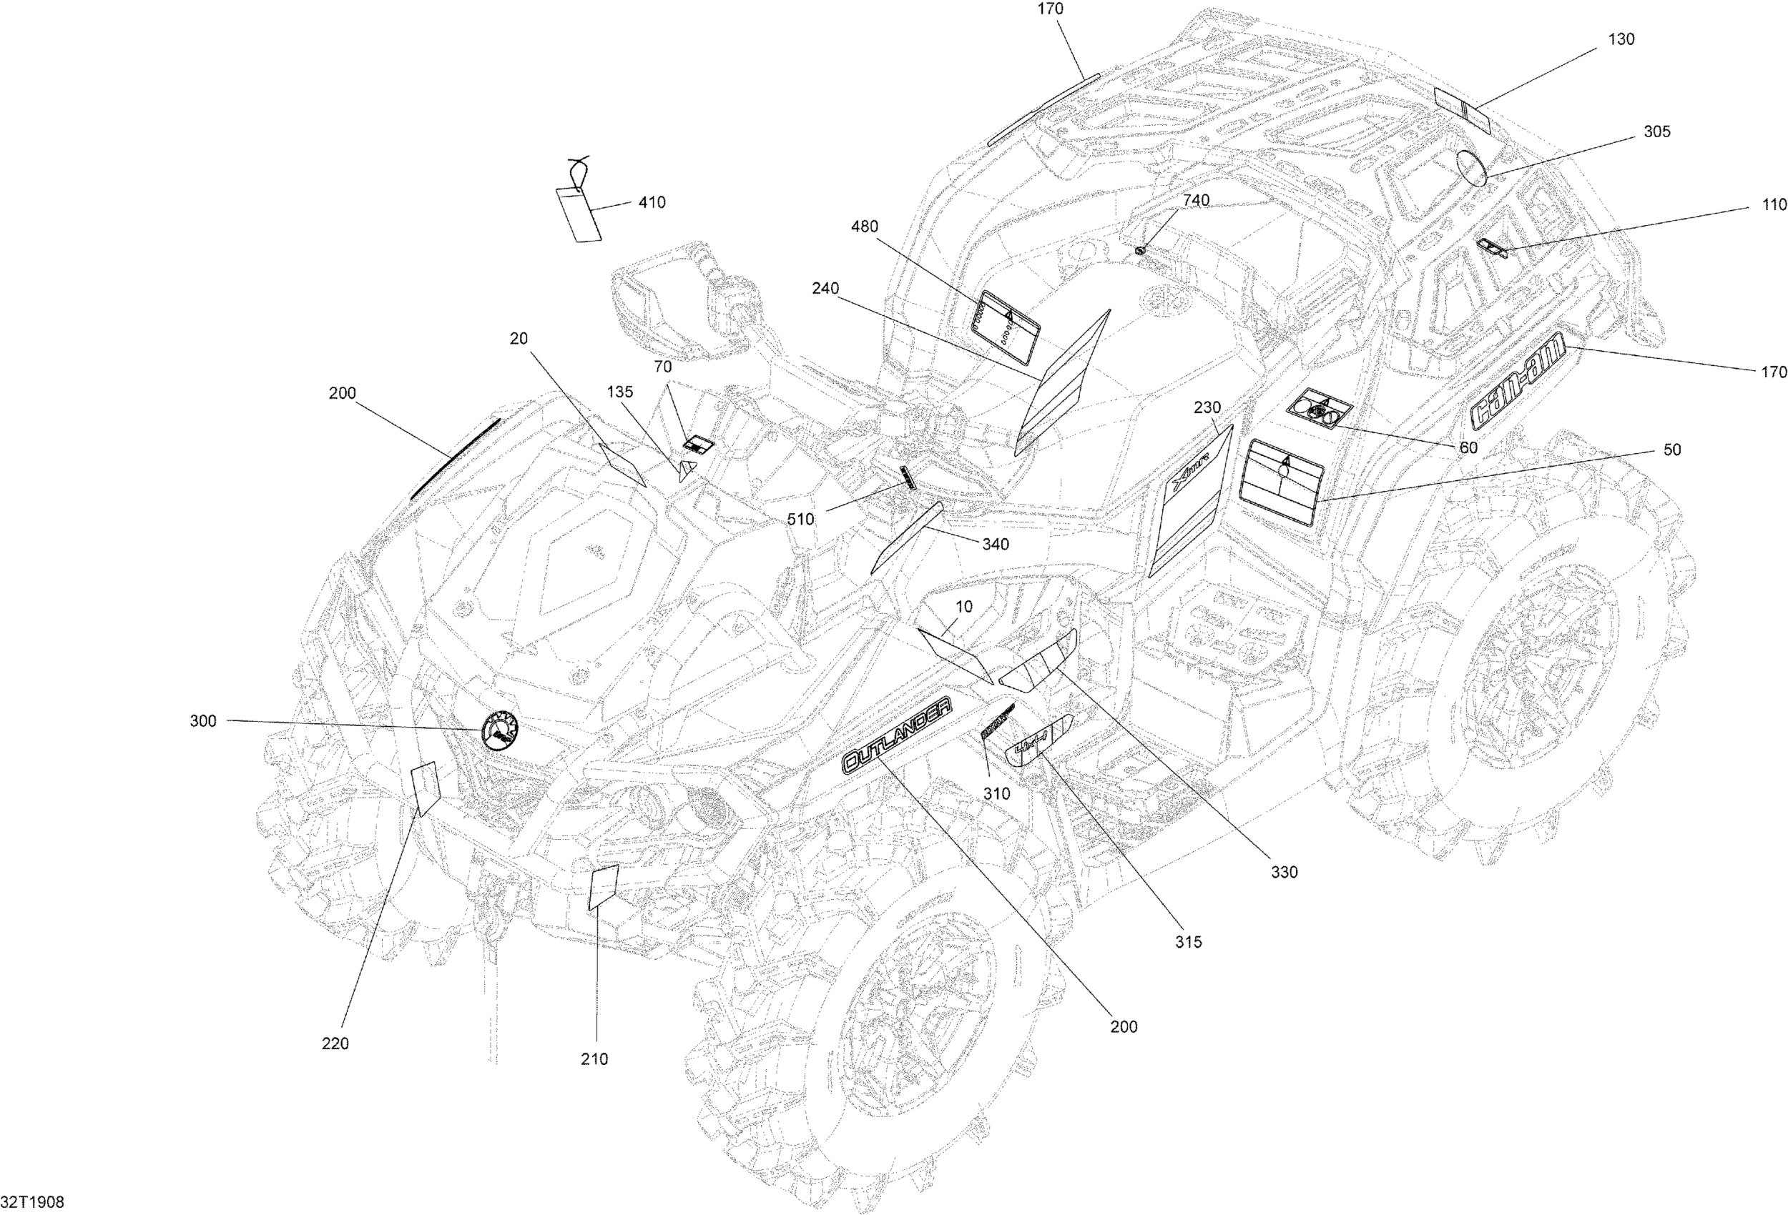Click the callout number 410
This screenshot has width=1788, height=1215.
[652, 202]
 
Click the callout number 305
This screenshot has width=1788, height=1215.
[1656, 132]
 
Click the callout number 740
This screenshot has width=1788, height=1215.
[1196, 200]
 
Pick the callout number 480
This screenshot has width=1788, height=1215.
[864, 227]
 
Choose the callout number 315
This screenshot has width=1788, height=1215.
[1188, 942]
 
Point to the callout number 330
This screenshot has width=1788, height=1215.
[1283, 872]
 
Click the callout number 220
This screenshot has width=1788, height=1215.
[335, 1043]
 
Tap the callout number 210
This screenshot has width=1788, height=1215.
[594, 1059]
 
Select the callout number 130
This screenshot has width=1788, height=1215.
[1621, 39]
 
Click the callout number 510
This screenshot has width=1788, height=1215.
[800, 519]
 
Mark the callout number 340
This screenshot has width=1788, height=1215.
[995, 545]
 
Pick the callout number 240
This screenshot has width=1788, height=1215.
[825, 288]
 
